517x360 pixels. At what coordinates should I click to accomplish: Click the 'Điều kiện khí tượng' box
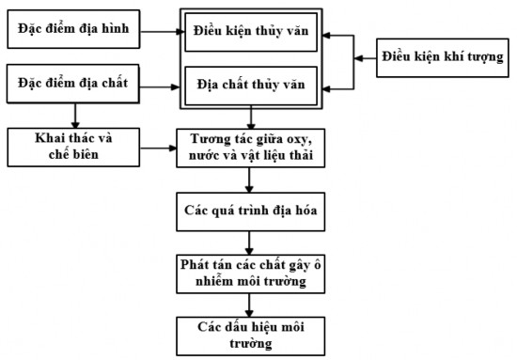coord(442,58)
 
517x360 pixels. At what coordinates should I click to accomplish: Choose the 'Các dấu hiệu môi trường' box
coord(249,333)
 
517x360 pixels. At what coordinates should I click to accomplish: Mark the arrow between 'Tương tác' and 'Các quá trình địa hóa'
coord(249,180)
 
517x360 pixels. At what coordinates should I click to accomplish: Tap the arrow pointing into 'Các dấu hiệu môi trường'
coord(249,304)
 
